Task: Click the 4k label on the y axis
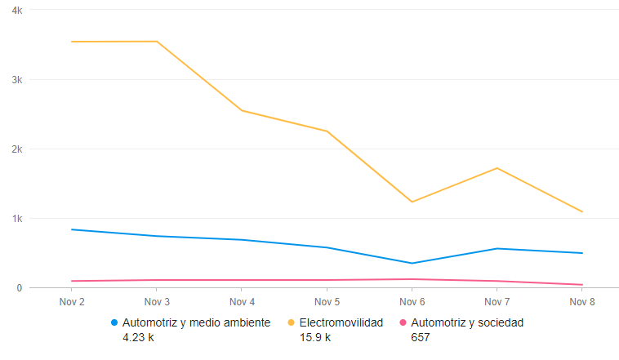pos(17,10)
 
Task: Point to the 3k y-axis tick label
pos(17,80)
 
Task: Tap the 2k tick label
pos(17,149)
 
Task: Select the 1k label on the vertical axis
pos(17,219)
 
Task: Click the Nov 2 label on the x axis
pos(72,303)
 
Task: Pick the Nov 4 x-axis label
pos(242,303)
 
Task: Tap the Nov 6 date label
pos(412,303)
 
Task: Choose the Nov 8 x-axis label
pos(581,303)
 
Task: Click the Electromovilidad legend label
pos(341,322)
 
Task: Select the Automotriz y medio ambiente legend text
pos(195,322)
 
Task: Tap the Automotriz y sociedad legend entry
pos(467,322)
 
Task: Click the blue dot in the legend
pos(114,322)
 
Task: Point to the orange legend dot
pos(292,322)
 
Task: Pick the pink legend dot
pos(403,322)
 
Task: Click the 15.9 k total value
pos(314,337)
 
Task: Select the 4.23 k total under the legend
pos(137,337)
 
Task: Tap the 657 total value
pos(420,337)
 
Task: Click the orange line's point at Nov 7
pos(497,168)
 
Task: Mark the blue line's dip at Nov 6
pos(412,263)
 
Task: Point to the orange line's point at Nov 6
pos(412,202)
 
